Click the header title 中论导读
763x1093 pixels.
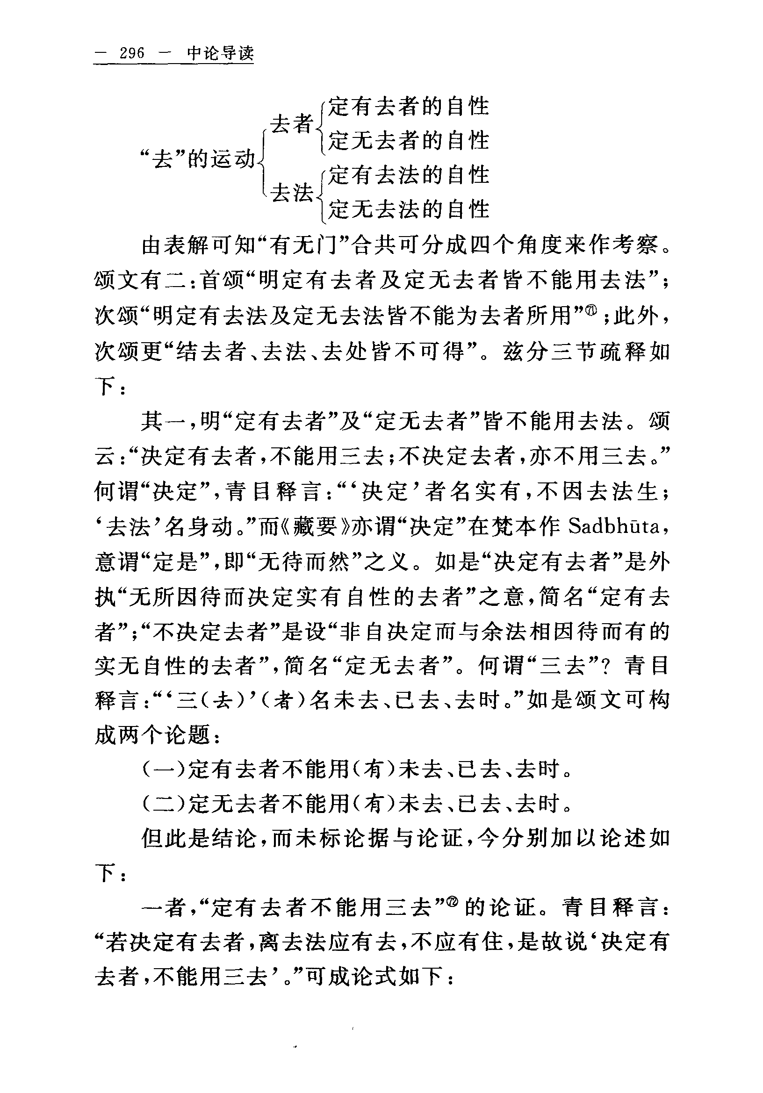tap(220, 53)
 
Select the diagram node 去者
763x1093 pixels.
tap(292, 124)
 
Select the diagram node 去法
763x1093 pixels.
tap(292, 193)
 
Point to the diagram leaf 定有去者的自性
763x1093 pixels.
tap(409, 106)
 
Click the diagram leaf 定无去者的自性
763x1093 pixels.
tap(409, 141)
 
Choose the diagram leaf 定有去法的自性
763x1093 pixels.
tap(409, 175)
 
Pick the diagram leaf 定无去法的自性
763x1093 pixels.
tap(409, 209)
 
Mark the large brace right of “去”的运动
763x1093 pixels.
tap(262, 159)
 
